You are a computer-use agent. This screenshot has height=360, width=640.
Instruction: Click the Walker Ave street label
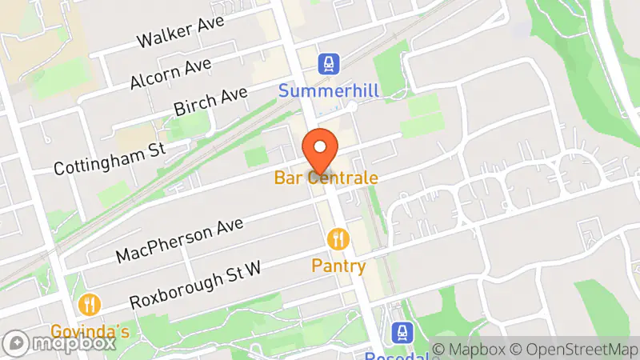[179, 33]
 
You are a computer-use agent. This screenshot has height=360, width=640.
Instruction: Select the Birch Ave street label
[210, 105]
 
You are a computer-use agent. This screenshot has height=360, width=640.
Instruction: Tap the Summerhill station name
[328, 91]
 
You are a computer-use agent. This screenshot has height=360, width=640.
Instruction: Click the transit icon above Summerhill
[327, 63]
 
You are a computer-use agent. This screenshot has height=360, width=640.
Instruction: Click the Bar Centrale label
[325, 178]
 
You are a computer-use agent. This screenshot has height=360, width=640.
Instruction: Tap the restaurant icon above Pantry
[338, 238]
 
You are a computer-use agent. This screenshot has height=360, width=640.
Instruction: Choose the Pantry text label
[338, 266]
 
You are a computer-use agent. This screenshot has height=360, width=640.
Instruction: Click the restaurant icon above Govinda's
[89, 304]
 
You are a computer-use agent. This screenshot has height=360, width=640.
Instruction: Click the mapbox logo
[59, 343]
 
